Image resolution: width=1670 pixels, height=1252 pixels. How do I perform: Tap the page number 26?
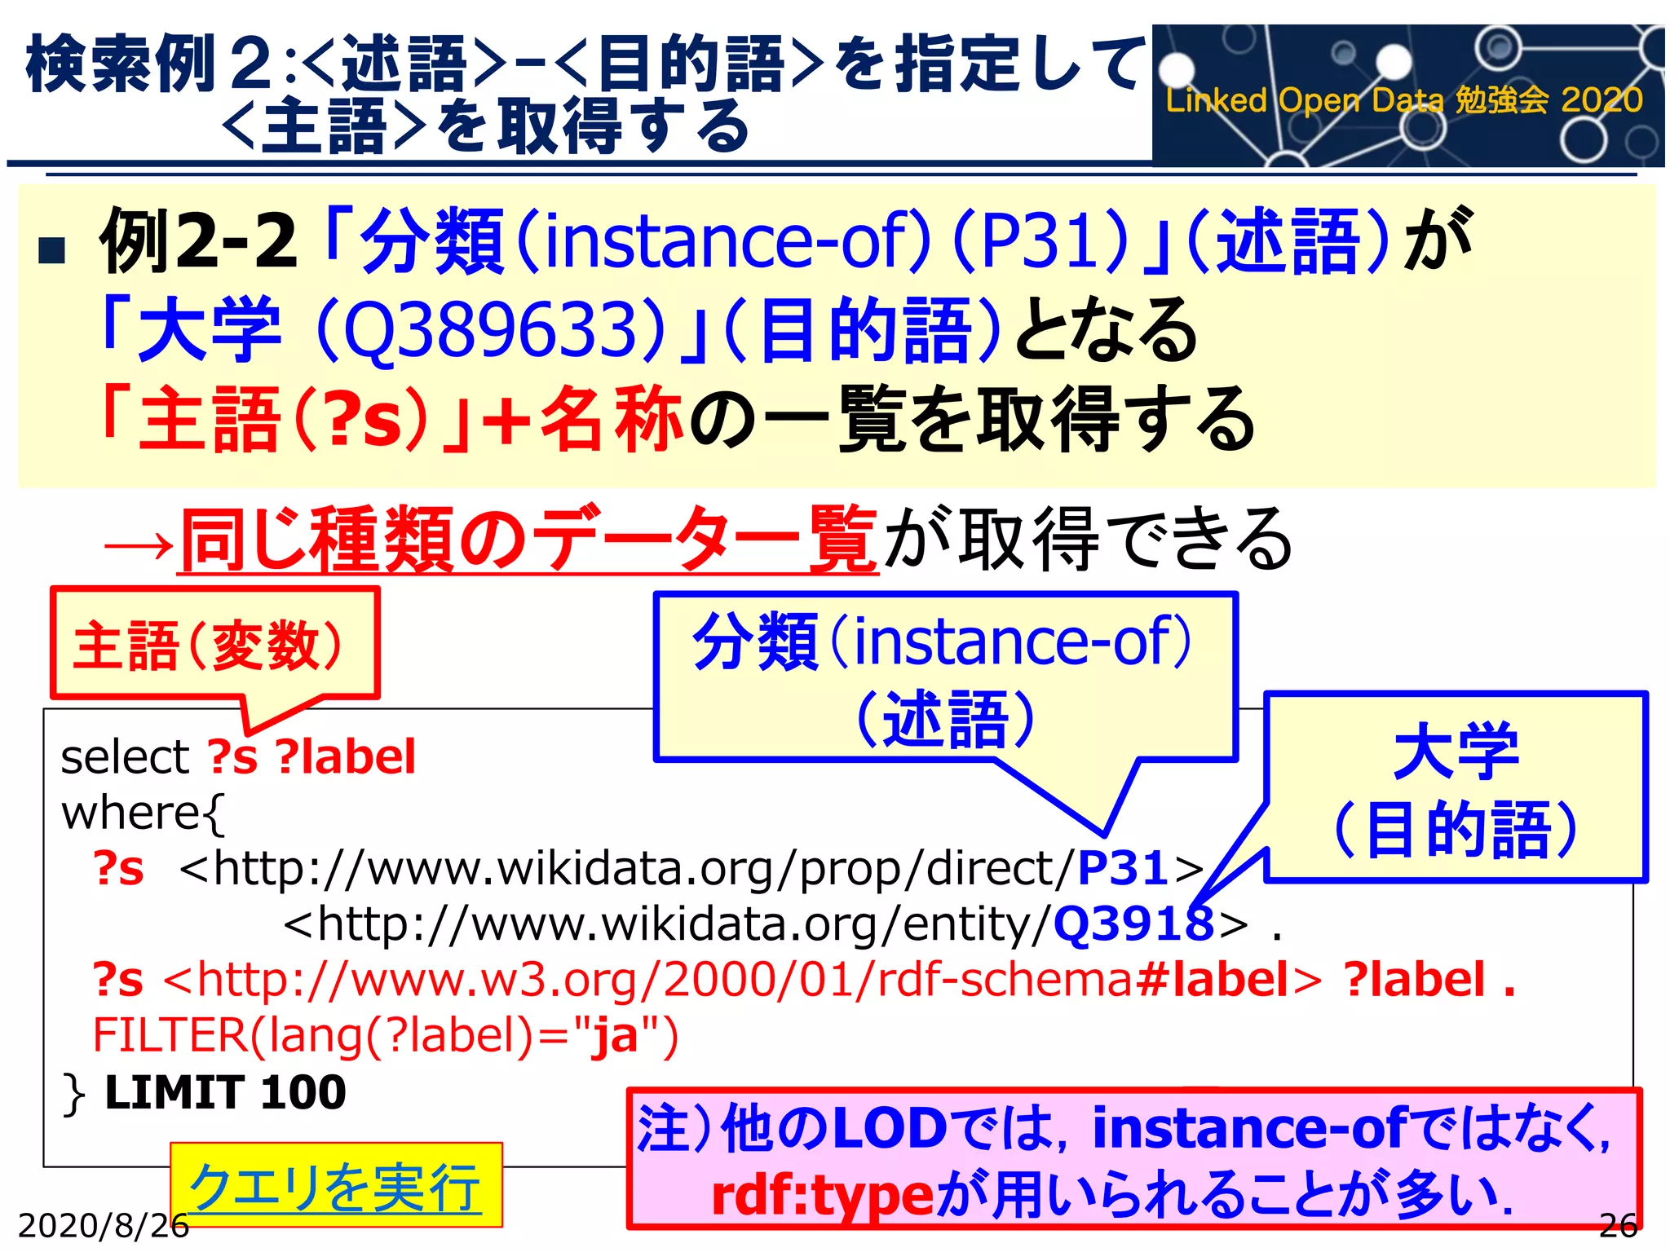point(1618,1225)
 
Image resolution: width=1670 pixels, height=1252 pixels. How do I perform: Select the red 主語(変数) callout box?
point(214,644)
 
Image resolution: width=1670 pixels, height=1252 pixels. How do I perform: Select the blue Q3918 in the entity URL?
point(1133,924)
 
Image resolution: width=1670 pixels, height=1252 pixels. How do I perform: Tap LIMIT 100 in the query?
point(225,1092)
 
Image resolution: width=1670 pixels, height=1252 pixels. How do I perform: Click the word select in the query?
point(125,757)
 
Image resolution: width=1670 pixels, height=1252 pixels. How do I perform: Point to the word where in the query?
point(130,813)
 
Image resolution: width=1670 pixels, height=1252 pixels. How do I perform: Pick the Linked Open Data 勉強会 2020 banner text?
point(1403,100)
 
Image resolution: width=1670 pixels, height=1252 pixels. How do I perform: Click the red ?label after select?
point(346,757)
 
